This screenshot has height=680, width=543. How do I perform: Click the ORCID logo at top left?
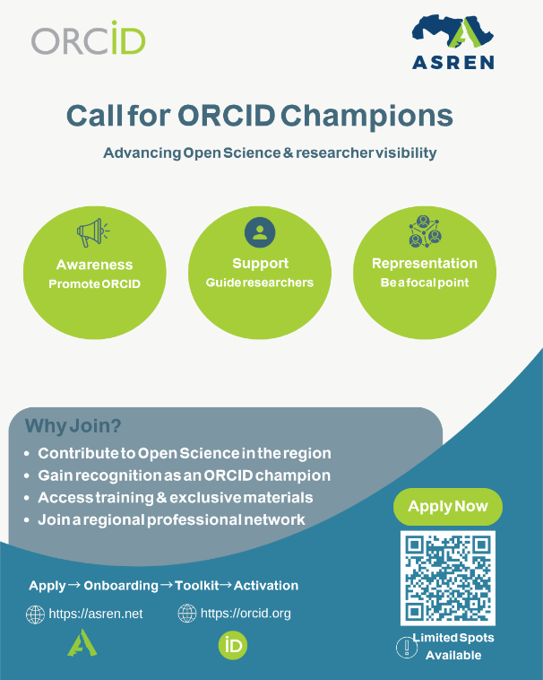click(x=89, y=39)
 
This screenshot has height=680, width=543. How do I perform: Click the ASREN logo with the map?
click(x=452, y=42)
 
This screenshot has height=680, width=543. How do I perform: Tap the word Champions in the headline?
click(x=366, y=116)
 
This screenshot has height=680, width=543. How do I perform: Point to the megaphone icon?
click(x=92, y=232)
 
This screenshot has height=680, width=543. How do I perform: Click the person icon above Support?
click(x=260, y=232)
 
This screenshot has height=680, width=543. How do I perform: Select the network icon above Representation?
click(x=425, y=231)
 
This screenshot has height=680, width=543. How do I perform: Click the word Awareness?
click(x=94, y=265)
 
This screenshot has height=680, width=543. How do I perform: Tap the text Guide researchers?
click(x=260, y=283)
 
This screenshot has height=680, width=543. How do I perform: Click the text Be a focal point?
click(x=425, y=283)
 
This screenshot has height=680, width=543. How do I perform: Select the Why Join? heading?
click(x=73, y=426)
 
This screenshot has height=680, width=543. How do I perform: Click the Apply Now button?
click(x=448, y=507)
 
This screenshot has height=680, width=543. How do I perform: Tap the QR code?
click(x=448, y=578)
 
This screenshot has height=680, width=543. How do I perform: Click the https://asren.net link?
click(x=96, y=614)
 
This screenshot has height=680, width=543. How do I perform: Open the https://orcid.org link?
click(x=246, y=614)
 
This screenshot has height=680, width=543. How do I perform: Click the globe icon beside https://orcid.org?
click(x=187, y=614)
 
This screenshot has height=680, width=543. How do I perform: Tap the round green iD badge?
click(x=233, y=645)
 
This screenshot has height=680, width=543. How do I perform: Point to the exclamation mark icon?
click(x=407, y=648)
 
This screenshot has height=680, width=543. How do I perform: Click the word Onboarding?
click(x=121, y=586)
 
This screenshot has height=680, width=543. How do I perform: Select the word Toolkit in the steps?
click(x=197, y=586)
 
